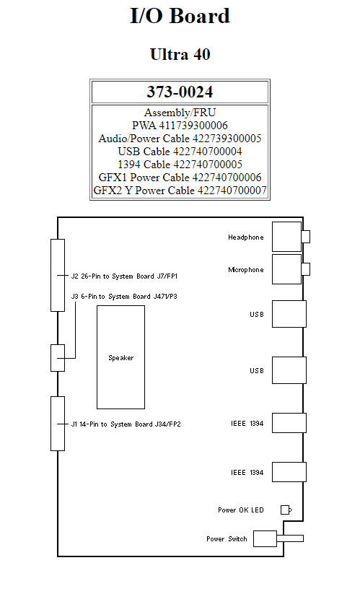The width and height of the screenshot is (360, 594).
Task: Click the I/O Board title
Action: (x=180, y=16)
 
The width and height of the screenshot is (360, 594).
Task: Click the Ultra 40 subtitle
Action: (x=180, y=54)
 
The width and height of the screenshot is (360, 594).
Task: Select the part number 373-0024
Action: (x=180, y=92)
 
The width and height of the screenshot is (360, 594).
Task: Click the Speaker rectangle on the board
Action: (x=120, y=357)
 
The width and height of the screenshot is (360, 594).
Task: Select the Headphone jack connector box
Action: (x=286, y=236)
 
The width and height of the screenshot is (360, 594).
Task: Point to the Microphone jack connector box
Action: (x=286, y=269)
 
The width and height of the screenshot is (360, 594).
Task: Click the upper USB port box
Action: (x=289, y=314)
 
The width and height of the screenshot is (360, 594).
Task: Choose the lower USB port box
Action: (x=289, y=370)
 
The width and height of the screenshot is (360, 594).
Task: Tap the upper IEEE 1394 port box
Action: (x=289, y=422)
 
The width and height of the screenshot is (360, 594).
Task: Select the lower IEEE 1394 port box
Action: (x=289, y=471)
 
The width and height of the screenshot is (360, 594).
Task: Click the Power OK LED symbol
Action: (x=286, y=510)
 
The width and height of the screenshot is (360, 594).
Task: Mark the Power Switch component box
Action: (x=265, y=538)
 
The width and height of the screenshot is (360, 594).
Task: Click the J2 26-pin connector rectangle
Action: (x=58, y=275)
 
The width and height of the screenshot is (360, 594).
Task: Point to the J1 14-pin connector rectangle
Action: (x=58, y=424)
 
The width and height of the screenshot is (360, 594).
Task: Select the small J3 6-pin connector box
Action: (x=58, y=357)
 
